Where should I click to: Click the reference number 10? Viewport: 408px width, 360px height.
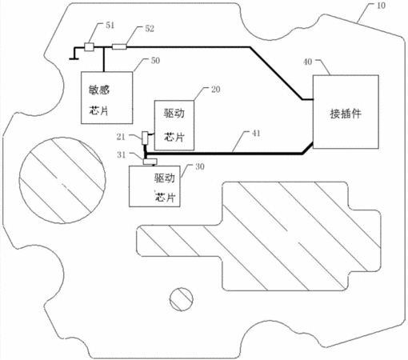[x=381, y=6]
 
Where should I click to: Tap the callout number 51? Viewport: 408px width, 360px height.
[x=110, y=26]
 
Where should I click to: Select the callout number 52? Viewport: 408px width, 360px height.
[x=150, y=29]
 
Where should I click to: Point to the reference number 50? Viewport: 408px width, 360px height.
[x=155, y=61]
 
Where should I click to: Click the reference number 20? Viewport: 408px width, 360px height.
[x=216, y=90]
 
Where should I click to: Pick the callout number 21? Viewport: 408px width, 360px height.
[x=121, y=137]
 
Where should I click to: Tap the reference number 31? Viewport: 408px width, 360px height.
[x=122, y=154]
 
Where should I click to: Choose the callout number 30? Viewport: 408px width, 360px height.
[x=200, y=167]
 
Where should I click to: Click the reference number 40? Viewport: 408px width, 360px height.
[x=308, y=62]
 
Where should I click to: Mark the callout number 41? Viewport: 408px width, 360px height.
[x=256, y=134]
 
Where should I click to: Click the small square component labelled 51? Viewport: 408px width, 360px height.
[x=89, y=47]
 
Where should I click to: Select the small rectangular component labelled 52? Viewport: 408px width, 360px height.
[x=119, y=47]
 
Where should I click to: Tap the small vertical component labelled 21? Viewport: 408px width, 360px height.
[x=145, y=138]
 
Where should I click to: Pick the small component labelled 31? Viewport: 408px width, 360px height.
[x=150, y=162]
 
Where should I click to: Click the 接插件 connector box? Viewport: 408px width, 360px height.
[x=346, y=112]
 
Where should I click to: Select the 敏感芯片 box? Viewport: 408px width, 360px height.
[x=106, y=98]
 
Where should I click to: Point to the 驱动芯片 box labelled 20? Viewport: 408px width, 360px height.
[x=174, y=125]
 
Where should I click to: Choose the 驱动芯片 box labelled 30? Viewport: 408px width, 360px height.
[x=154, y=186]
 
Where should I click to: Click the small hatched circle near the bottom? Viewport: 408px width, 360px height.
[x=182, y=299]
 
